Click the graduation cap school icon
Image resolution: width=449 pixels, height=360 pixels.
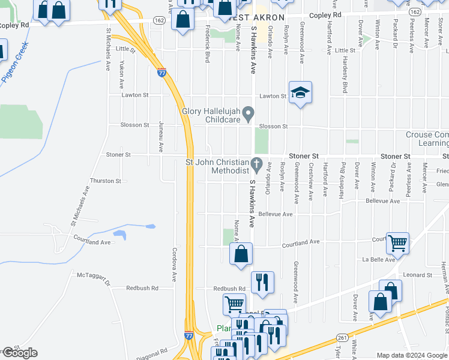(x=300, y=93)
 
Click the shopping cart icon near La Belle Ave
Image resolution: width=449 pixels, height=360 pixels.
(x=397, y=244)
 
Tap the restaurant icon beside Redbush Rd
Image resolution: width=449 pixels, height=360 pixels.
(x=262, y=283)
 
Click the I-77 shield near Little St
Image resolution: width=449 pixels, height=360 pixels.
(x=162, y=73)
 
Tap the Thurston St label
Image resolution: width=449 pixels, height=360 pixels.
(x=105, y=181)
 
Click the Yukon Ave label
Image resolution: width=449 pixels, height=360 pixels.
(x=121, y=74)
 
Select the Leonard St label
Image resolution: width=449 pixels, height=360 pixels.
(x=418, y=275)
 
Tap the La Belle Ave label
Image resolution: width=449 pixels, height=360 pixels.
(x=378, y=259)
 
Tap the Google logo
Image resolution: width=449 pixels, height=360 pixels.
(x=19, y=353)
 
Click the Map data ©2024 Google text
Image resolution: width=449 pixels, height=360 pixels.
(x=411, y=355)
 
